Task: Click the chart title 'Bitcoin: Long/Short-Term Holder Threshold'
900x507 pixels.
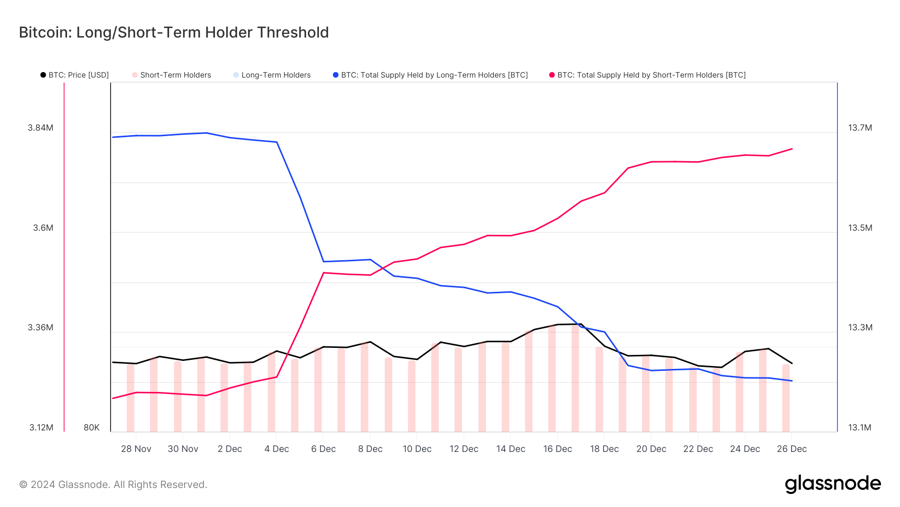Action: (173, 33)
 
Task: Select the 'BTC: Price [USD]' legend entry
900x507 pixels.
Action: (75, 75)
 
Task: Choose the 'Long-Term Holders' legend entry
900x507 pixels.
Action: (272, 75)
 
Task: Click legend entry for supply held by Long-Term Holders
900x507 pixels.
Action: (430, 75)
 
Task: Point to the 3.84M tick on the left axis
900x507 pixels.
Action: (40, 128)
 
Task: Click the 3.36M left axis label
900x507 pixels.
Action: (40, 327)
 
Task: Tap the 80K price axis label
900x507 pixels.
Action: (91, 427)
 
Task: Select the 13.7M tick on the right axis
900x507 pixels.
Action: (860, 128)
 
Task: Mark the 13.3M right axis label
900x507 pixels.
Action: (860, 327)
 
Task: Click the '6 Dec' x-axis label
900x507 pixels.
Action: (323, 449)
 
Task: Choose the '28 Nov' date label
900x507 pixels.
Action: (136, 449)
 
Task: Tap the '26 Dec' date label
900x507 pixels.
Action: (791, 449)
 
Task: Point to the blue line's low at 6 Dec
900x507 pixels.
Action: (323, 261)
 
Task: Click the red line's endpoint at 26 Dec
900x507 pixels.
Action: (792, 149)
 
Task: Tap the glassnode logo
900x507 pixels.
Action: (832, 484)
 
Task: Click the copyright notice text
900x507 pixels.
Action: (113, 484)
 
